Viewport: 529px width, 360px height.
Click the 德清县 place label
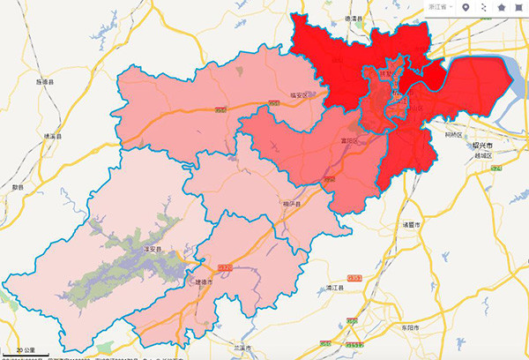click(x=354, y=18)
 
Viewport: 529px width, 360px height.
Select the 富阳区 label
click(x=350, y=139)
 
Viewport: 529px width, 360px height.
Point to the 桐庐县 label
click(x=293, y=205)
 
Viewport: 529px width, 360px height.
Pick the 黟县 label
click(x=18, y=187)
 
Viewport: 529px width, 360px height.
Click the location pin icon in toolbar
click(x=466, y=7)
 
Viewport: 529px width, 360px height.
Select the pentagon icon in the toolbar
click(x=501, y=7)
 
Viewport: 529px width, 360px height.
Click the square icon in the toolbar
click(x=518, y=7)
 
